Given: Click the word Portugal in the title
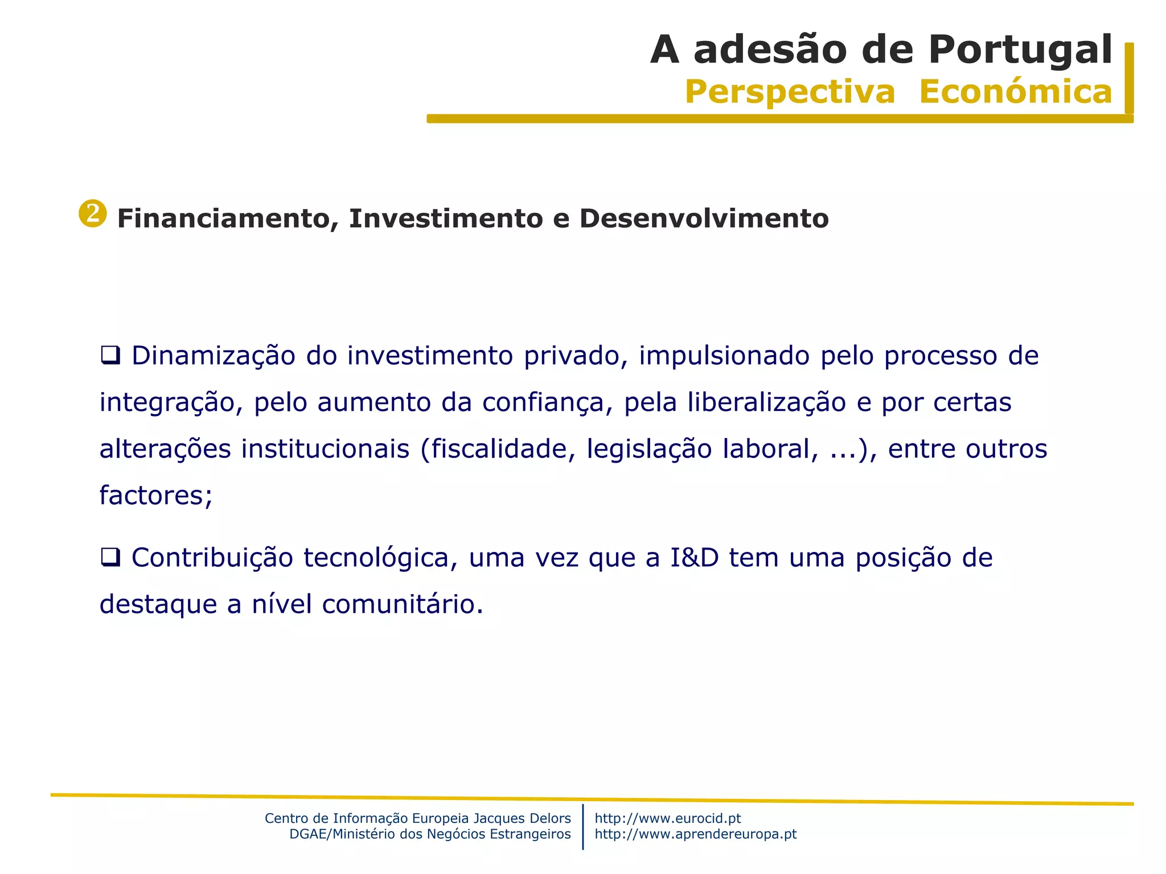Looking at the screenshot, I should [x=1020, y=50].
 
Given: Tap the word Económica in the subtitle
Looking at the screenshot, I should [x=1015, y=92].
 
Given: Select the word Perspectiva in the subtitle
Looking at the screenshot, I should [x=790, y=92].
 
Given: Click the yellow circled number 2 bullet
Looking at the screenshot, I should [x=93, y=213].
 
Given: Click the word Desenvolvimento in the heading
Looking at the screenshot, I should [x=704, y=219].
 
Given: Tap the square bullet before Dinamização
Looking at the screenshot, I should [x=110, y=356].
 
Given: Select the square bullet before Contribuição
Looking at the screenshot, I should [x=110, y=557].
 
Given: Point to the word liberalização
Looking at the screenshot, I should [x=767, y=403].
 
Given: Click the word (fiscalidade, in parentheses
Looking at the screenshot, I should [x=498, y=450].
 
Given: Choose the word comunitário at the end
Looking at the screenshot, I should [x=403, y=604].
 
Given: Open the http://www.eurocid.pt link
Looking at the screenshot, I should [x=667, y=818].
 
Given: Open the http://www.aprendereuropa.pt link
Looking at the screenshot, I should [x=695, y=834].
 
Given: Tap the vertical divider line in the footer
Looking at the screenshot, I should [x=583, y=826].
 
